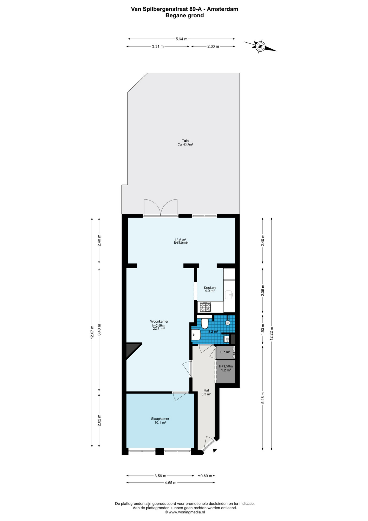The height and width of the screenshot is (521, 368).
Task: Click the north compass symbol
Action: pyautogui.click(x=260, y=46)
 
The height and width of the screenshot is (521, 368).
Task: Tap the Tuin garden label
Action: pyautogui.click(x=185, y=141)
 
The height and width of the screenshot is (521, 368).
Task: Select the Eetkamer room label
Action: pyautogui.click(x=181, y=243)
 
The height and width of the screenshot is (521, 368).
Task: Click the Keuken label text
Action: pyautogui.click(x=210, y=288)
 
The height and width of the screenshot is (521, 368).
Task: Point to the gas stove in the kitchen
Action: pyautogui.click(x=205, y=307)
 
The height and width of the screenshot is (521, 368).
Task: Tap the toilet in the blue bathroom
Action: pyautogui.click(x=205, y=323)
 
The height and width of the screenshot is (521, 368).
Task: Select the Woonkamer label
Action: pyautogui.click(x=159, y=322)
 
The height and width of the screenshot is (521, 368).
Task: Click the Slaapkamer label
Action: pyautogui.click(x=160, y=419)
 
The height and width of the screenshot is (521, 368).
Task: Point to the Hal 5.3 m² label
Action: pyautogui.click(x=206, y=392)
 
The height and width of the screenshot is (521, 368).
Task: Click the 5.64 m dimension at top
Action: pyautogui.click(x=182, y=39)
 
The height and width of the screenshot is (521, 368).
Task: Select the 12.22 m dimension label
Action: pyautogui.click(x=272, y=333)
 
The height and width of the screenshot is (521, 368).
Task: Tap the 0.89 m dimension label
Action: pyautogui.click(x=206, y=476)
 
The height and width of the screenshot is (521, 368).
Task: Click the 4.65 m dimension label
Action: pyautogui.click(x=171, y=483)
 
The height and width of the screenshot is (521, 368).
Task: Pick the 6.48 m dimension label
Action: pyautogui.click(x=99, y=330)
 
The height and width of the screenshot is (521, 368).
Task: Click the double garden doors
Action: pyautogui.click(x=161, y=208)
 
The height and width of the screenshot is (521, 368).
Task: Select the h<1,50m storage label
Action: pyautogui.click(x=226, y=366)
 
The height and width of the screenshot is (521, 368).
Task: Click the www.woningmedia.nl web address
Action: pyautogui.click(x=187, y=512)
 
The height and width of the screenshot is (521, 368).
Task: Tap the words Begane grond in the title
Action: pyautogui.click(x=185, y=15)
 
